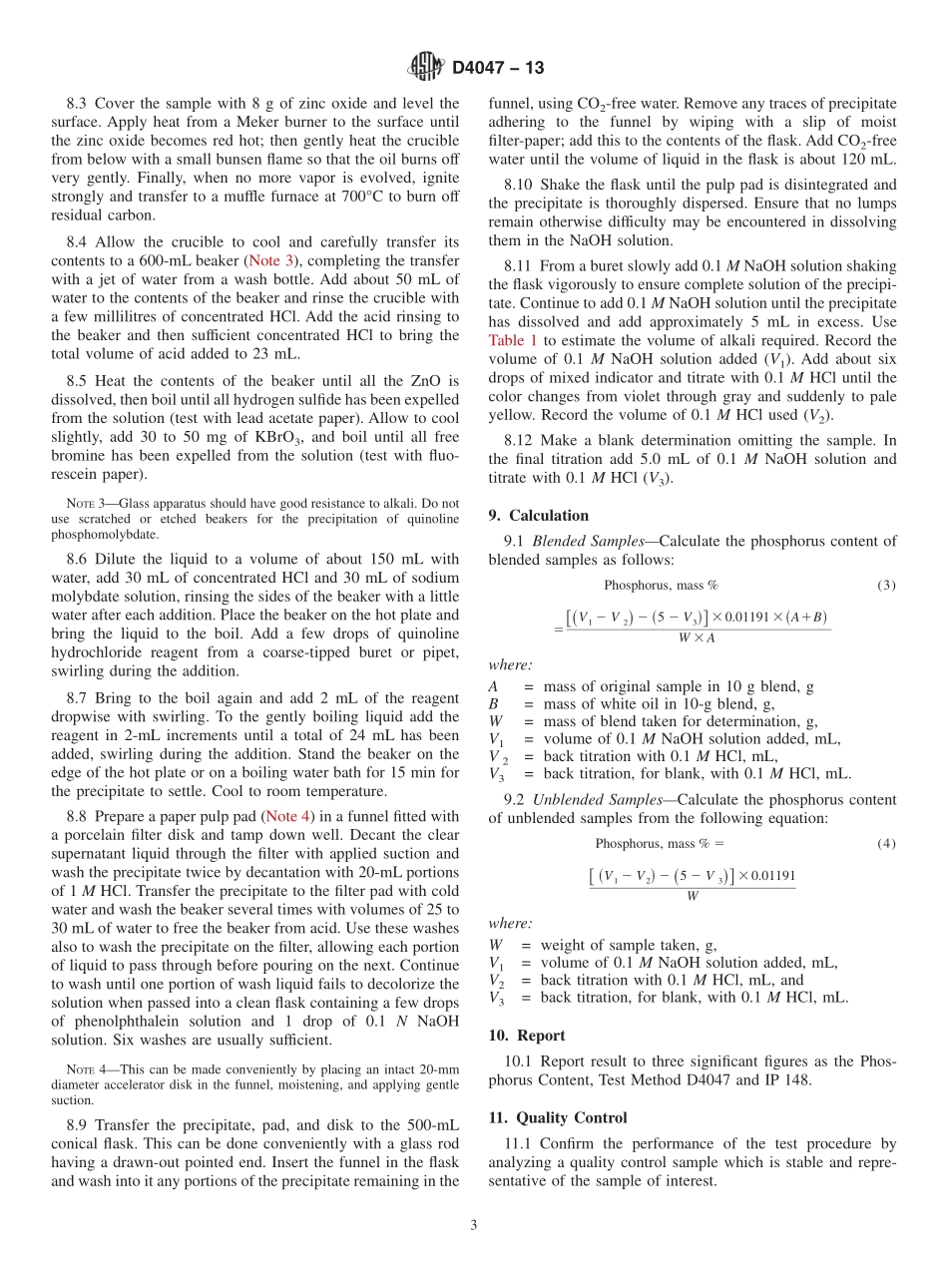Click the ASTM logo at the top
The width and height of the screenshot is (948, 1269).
(x=426, y=68)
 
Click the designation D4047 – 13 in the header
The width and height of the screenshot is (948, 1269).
(x=498, y=68)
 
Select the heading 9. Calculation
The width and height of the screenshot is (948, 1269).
(x=539, y=516)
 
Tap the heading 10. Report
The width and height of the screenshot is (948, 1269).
(x=527, y=1036)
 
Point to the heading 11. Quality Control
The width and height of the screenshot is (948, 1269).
(x=559, y=1118)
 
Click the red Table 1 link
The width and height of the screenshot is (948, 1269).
(x=513, y=340)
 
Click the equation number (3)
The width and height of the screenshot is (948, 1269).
(x=885, y=586)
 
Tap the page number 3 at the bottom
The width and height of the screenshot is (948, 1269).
(x=474, y=1224)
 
